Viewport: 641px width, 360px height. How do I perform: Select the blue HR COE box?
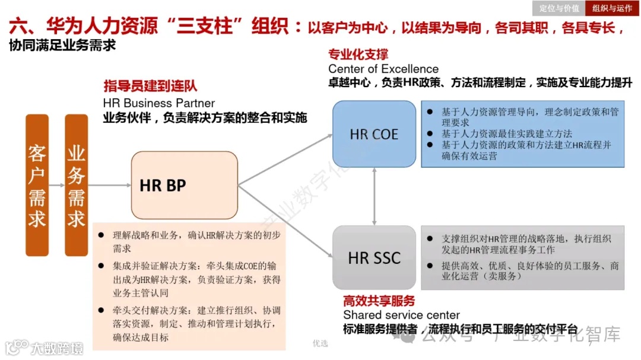pos(374,134)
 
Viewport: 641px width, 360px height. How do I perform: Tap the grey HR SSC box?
pos(374,257)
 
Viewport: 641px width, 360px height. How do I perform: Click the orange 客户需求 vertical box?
pos(37,185)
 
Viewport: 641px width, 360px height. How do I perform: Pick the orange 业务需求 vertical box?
pos(76,185)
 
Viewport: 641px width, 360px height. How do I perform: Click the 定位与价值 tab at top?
pos(559,8)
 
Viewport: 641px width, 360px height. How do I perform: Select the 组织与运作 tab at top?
pos(613,8)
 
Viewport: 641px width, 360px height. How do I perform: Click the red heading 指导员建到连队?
pos(150,87)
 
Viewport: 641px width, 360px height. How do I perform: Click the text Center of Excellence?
pos(383,69)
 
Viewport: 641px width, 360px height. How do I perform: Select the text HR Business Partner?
pos(159,103)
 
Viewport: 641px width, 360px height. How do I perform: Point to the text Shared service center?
pos(401,315)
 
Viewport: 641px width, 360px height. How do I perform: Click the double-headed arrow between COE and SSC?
pos(375,196)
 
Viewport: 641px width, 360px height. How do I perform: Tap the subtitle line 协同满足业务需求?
pos(62,46)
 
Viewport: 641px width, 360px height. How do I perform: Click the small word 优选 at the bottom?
pos(320,343)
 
